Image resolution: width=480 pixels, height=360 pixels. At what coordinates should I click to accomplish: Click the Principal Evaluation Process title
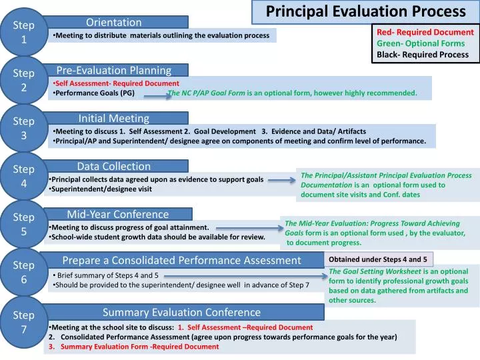(365, 11)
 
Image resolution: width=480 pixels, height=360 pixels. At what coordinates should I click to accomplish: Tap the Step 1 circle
(24, 32)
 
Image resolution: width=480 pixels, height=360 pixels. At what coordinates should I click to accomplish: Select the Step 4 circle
(24, 176)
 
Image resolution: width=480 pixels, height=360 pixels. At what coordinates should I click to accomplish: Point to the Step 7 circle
(24, 322)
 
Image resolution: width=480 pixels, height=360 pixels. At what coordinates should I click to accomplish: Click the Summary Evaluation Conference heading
(181, 312)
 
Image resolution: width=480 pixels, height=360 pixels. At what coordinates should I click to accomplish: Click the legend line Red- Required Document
(425, 32)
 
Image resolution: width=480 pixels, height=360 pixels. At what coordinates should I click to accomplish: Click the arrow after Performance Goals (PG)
(157, 95)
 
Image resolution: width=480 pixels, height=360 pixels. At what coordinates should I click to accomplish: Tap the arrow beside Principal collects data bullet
(281, 179)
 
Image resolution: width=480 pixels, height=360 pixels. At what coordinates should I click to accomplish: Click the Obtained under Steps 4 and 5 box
(378, 259)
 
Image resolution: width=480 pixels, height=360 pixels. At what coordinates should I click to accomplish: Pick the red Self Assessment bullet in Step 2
(117, 83)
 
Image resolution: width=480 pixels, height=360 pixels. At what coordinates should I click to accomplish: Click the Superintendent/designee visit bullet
(102, 189)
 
